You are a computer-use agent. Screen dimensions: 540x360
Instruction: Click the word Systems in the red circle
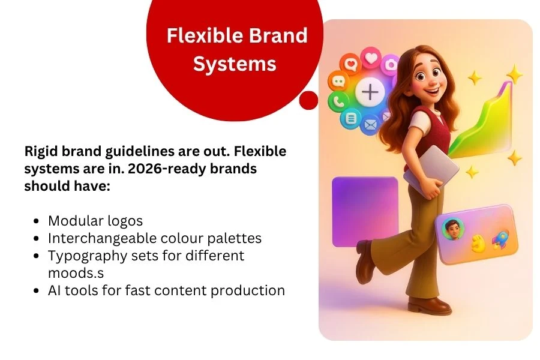235,64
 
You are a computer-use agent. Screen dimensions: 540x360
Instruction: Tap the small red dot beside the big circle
308,100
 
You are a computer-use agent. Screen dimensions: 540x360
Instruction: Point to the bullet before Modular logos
37,221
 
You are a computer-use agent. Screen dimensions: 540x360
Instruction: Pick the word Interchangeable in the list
102,238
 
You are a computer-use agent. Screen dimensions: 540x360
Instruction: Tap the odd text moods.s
76,273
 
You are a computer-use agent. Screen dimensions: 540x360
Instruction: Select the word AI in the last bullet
54,290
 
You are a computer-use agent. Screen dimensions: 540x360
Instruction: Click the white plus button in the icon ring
370,92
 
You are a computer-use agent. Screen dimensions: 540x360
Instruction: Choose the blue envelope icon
370,124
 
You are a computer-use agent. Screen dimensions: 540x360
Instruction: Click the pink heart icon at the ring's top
371,58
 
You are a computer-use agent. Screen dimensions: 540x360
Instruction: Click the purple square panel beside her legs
365,212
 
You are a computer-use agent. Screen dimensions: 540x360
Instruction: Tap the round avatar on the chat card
453,229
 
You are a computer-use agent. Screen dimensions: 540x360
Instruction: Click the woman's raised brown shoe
365,262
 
